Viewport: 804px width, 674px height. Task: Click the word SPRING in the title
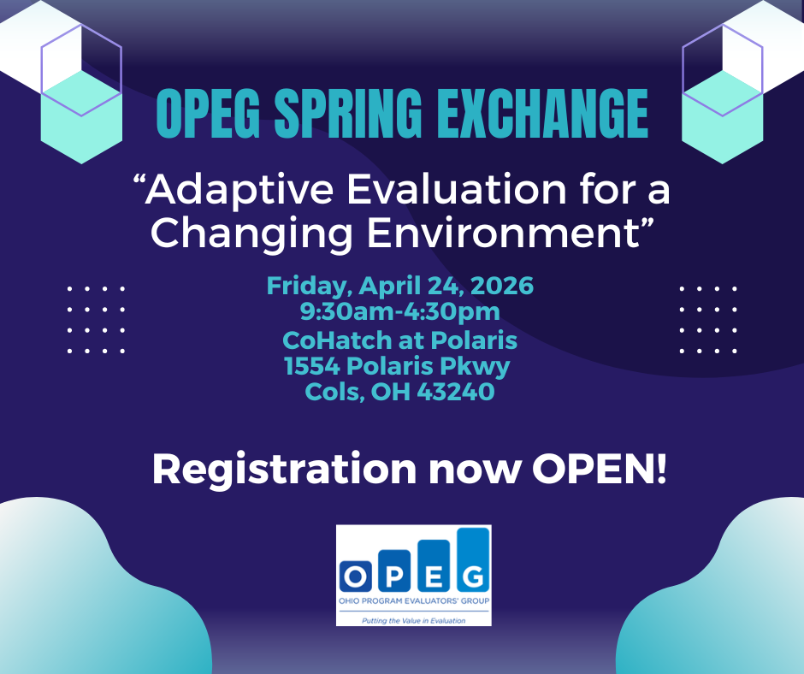348,114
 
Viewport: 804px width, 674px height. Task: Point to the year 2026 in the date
502,285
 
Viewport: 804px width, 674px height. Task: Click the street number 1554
312,366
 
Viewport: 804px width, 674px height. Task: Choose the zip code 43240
456,392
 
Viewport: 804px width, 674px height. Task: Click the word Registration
285,470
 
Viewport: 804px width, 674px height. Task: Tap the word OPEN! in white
600,469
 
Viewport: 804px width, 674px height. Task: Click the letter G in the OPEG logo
472,576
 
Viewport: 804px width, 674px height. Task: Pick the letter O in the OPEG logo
355,576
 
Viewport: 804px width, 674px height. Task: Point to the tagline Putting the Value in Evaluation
414,621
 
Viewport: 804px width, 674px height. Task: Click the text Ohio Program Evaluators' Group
414,600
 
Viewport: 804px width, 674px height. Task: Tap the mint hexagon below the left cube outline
81,117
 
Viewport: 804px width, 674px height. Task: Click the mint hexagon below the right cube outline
723,117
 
